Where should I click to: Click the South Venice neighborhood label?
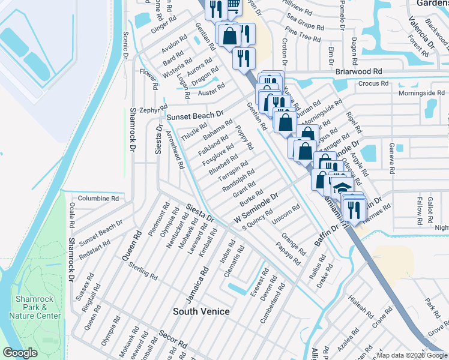pyautogui.click(x=201, y=311)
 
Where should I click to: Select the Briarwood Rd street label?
pyautogui.click(x=358, y=71)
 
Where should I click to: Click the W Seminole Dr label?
pyautogui.click(x=256, y=209)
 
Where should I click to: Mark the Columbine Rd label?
pyautogui.click(x=98, y=197)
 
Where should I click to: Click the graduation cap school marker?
pyautogui.click(x=340, y=187)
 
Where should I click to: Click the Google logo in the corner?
pyautogui.click(x=20, y=353)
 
